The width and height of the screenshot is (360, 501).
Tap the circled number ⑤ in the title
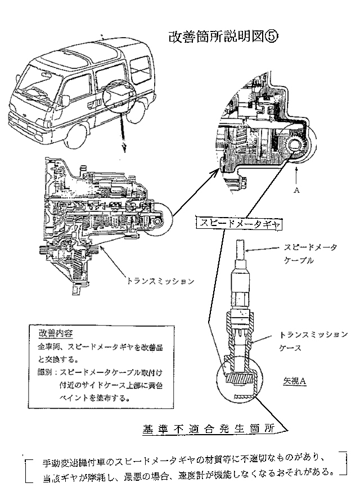pos(271,37)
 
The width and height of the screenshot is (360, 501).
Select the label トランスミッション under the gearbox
pos(160,279)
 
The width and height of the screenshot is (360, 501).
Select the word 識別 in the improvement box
pos(46,371)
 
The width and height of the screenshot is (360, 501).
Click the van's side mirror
pos(66,100)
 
